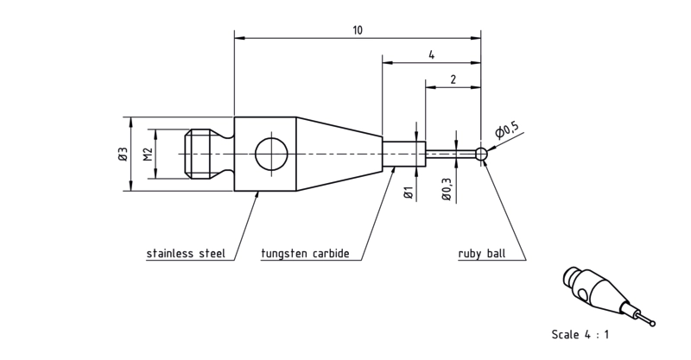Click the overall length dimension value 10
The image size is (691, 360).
click(358, 30)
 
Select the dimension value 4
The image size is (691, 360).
click(431, 55)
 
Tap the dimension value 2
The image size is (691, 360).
click(453, 79)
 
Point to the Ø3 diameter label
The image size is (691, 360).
click(123, 155)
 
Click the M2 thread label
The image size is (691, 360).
click(148, 155)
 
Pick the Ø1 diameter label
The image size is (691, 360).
click(408, 193)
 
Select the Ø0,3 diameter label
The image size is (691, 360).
click(447, 190)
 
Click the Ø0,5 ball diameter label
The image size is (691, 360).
click(507, 130)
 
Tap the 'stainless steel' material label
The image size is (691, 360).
click(186, 253)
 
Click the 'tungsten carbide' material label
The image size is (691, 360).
click(305, 253)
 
